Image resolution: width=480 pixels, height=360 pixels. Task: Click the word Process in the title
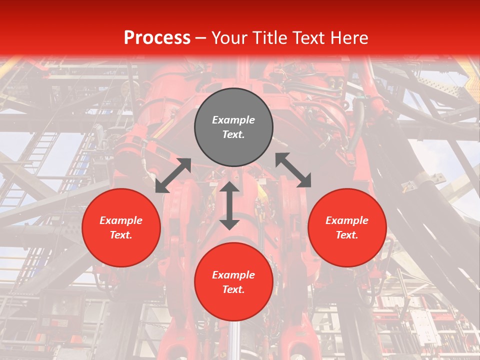[157, 38]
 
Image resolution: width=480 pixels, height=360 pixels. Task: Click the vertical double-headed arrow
[229, 205]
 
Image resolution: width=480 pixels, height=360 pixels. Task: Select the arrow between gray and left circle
[173, 175]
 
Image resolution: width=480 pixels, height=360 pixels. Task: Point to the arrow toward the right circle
[293, 170]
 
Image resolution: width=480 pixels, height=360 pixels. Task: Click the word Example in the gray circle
[233, 120]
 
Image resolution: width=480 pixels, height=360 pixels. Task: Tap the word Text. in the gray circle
[233, 134]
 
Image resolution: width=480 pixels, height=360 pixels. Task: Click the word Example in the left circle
[121, 220]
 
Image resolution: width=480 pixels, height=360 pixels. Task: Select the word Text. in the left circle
[121, 235]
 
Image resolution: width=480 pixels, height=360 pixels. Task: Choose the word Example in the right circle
[347, 220]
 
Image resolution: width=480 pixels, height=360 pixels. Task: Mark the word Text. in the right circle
[347, 235]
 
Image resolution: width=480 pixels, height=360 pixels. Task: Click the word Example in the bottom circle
[233, 275]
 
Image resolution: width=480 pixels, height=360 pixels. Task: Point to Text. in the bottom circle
[233, 289]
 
